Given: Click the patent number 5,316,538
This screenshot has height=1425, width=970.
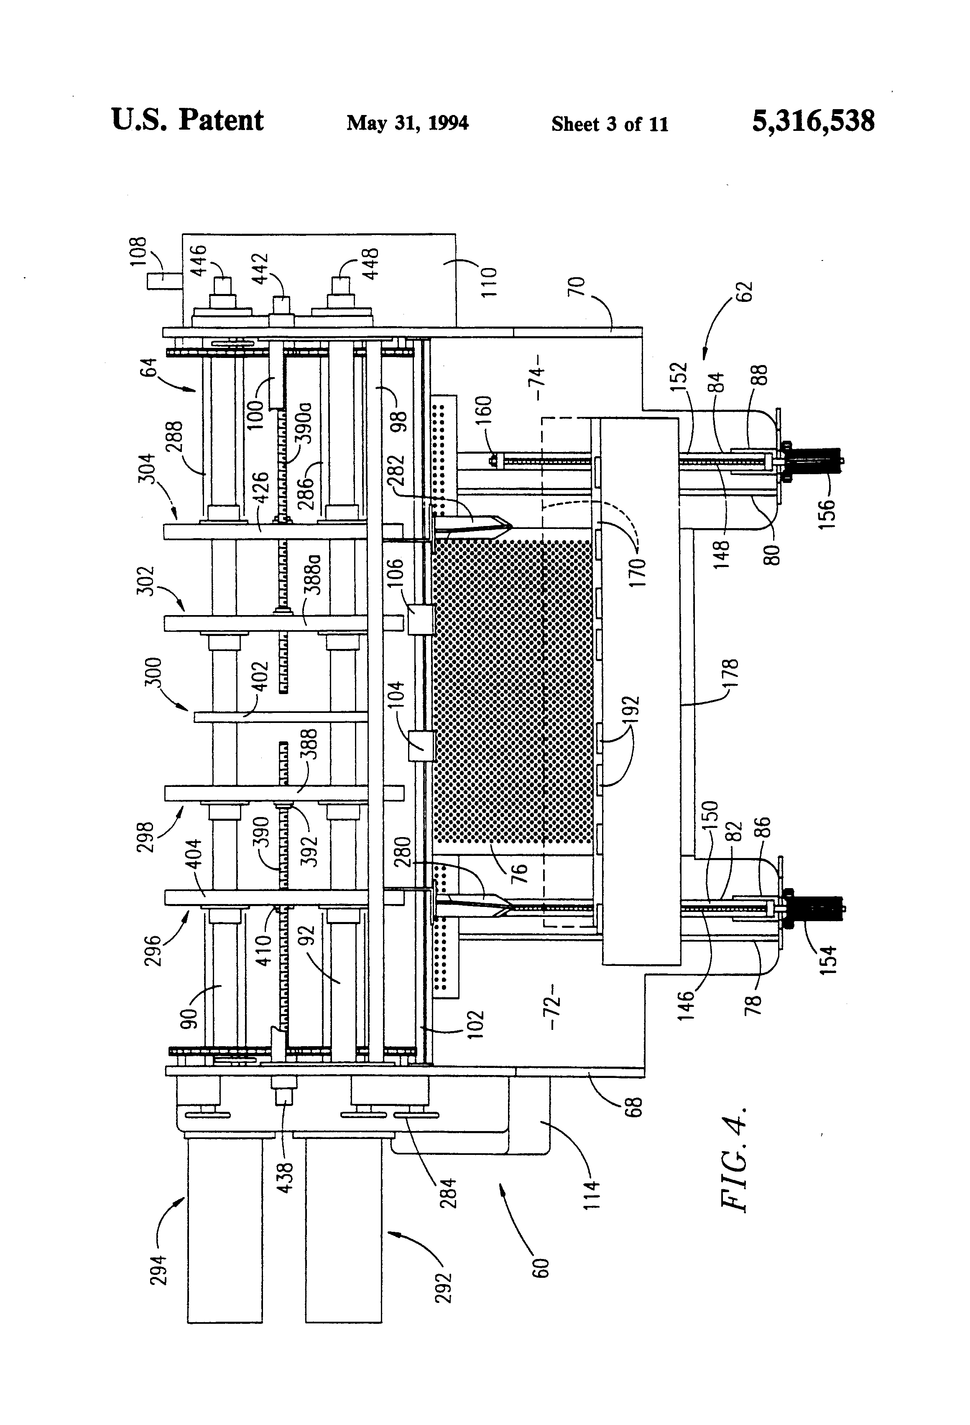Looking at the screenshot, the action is pyautogui.click(x=813, y=121).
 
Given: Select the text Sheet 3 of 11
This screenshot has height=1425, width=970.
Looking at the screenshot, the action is pyautogui.click(x=610, y=124).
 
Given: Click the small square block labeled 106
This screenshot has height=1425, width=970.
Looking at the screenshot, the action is pyautogui.click(x=421, y=619).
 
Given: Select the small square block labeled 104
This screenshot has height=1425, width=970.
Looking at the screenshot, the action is pyautogui.click(x=421, y=747).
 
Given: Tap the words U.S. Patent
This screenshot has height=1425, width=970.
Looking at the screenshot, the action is pyautogui.click(x=188, y=120).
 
